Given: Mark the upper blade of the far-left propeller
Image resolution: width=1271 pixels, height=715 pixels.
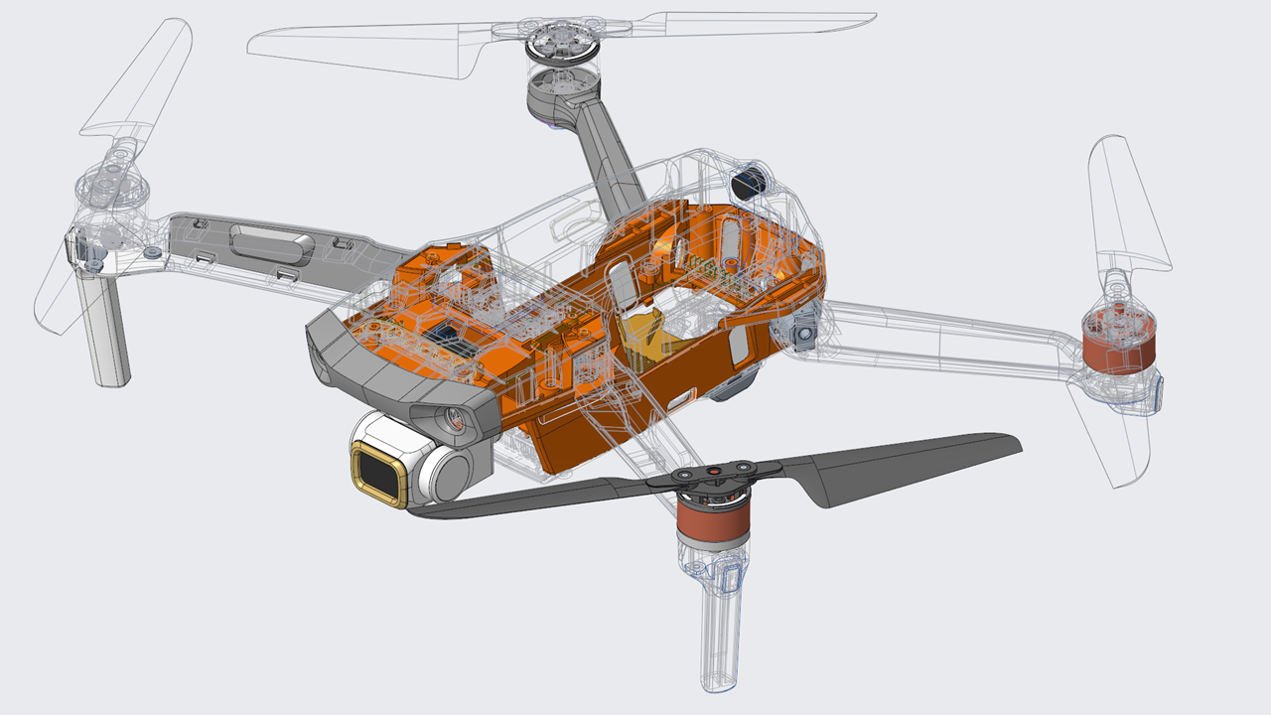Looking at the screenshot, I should point(139,79).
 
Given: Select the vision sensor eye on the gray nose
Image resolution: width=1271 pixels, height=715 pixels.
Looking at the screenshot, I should point(452,417).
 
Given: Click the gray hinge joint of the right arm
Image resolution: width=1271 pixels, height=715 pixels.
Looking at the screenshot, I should point(804,325).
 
